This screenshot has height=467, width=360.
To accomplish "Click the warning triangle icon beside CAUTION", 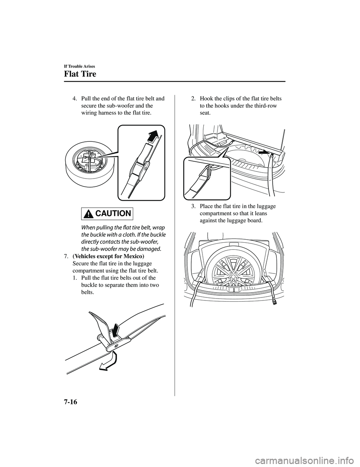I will [x=88, y=214].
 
